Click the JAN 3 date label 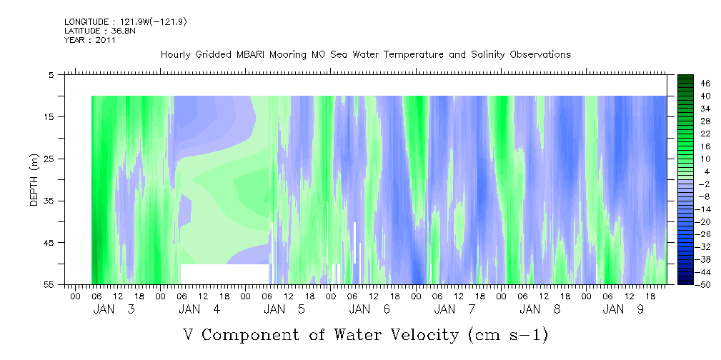(x=114, y=309)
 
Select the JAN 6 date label (x=369, y=309)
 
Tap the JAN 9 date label (x=624, y=309)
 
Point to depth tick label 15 (x=49, y=116)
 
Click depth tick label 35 (x=49, y=201)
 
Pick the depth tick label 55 (x=49, y=284)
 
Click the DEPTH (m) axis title (x=34, y=180)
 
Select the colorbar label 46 (x=705, y=84)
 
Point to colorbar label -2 (x=705, y=184)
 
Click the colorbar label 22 (x=705, y=134)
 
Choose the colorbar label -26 (x=704, y=234)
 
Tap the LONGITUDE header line (x=126, y=21)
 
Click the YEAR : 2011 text (x=90, y=40)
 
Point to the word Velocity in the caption (x=416, y=334)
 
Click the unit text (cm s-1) (x=508, y=334)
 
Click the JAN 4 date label (x=199, y=309)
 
